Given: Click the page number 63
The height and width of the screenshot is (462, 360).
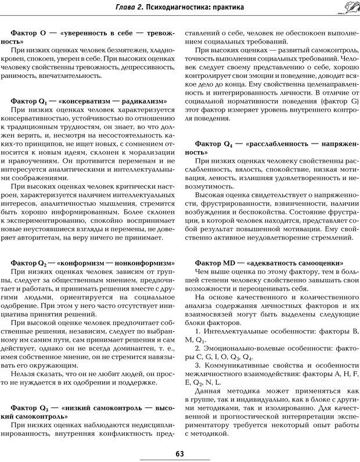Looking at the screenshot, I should [179, 454].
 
